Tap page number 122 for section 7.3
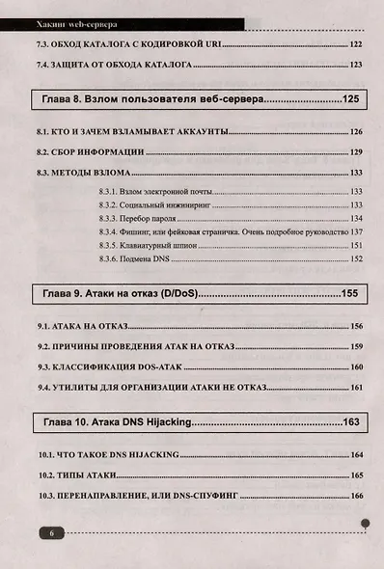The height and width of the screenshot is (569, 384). coord(355,44)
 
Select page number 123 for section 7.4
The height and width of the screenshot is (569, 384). coord(355,66)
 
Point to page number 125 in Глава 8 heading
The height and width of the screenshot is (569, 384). coord(349,99)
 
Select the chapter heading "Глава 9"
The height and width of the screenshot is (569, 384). coord(66,292)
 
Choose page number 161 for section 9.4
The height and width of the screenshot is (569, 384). coord(355,388)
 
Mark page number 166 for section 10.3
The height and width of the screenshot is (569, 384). coord(356,496)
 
